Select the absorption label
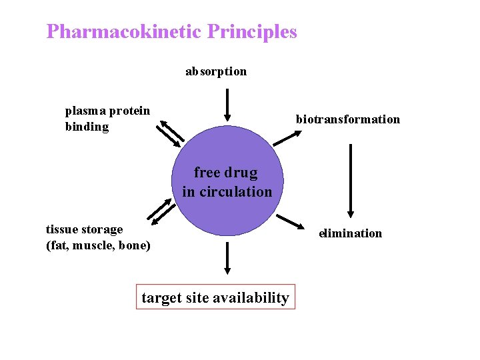pos(216,71)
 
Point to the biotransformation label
pos(348,119)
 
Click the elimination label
pos(351,233)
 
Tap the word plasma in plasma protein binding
pos(85,111)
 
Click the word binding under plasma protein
pos(87,127)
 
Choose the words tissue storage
pos(85,229)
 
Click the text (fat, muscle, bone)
pos(98,245)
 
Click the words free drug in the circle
pos(225,173)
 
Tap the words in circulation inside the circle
pos(227,191)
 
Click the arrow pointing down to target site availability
pos(227,258)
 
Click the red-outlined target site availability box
pos(215,297)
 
